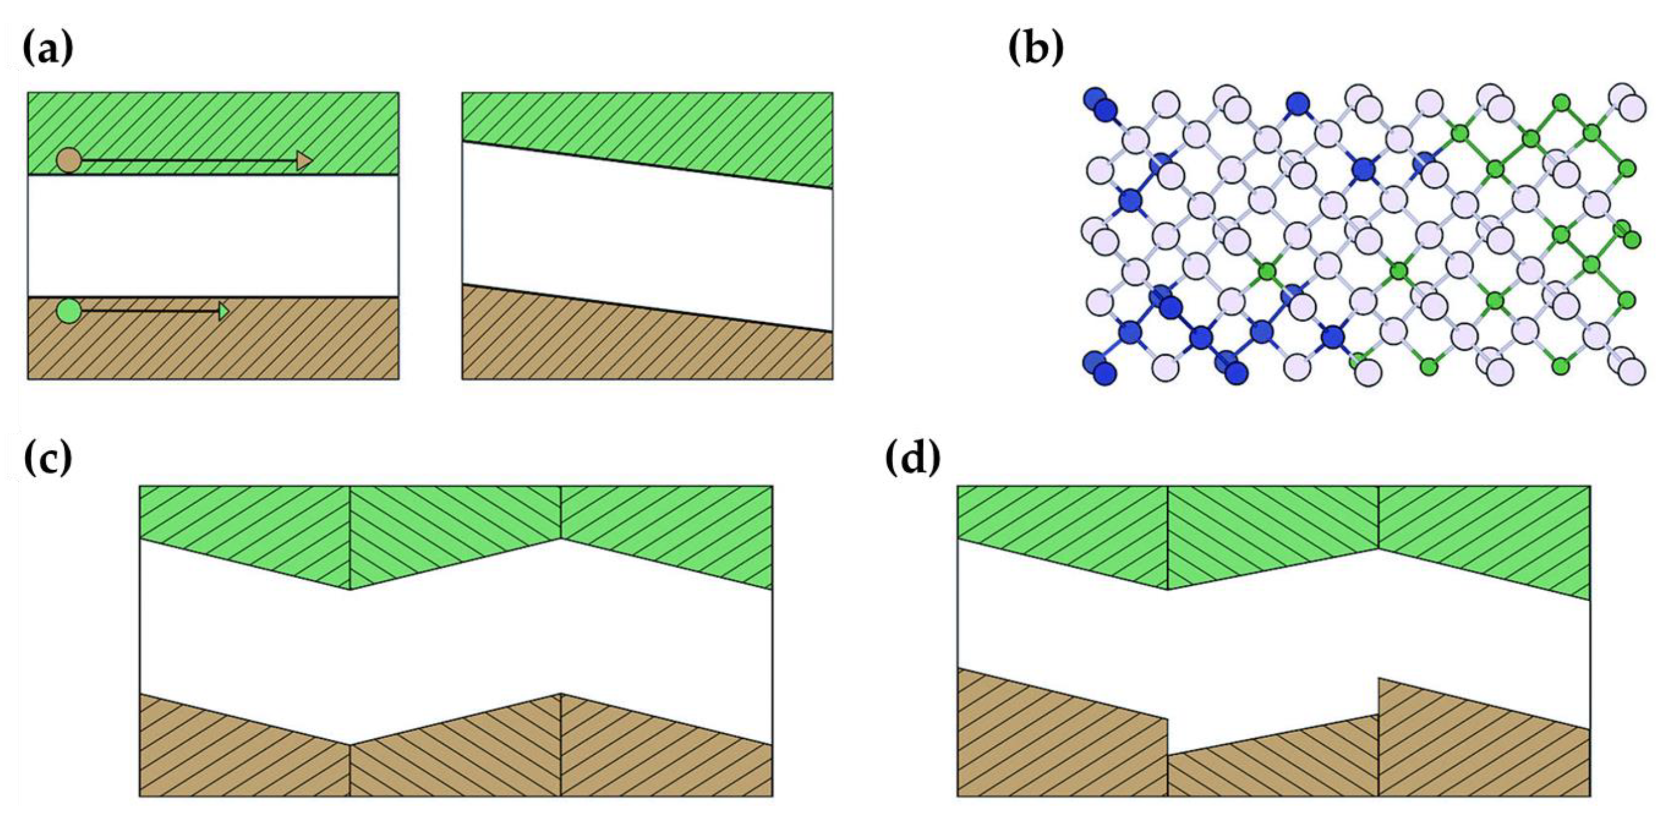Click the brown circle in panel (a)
(68, 160)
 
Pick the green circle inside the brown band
(68, 311)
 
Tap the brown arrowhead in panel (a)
(304, 160)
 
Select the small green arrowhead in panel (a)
(223, 311)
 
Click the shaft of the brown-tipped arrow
(188, 160)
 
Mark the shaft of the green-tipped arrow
(149, 311)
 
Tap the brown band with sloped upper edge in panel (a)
(647, 343)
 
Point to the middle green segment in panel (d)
(1273, 534)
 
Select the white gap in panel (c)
(455, 640)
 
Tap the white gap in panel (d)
(1273, 647)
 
